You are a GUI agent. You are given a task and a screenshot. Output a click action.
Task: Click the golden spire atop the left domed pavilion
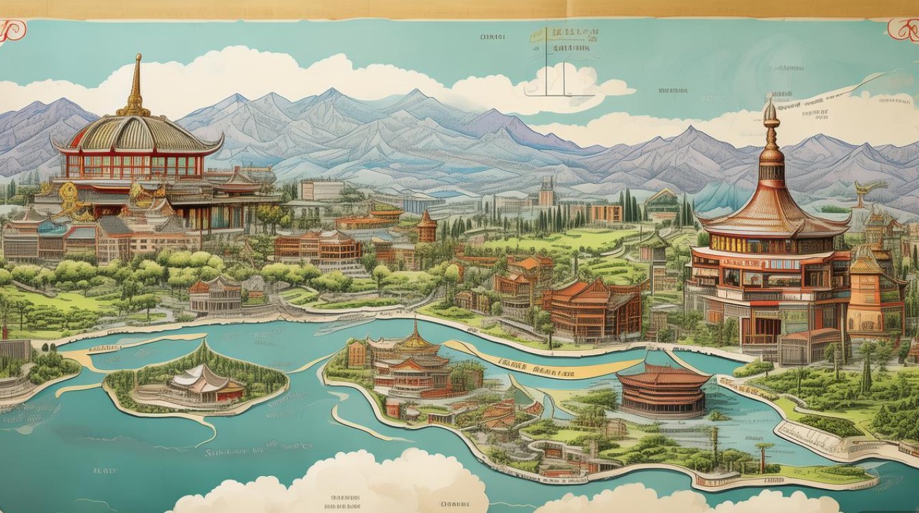point(137,85)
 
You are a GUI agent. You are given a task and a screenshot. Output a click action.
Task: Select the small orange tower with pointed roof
point(427,228)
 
